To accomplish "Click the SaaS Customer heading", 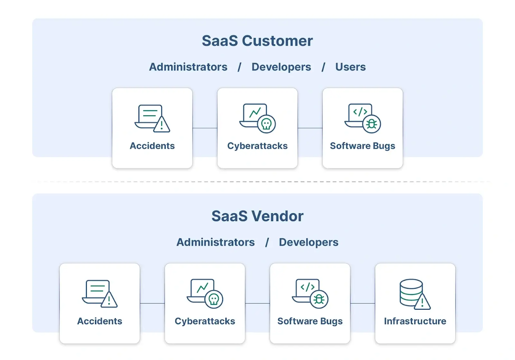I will pyautogui.click(x=257, y=41).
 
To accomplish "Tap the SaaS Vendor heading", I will pyautogui.click(x=257, y=216).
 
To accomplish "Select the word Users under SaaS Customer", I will pyautogui.click(x=350, y=67).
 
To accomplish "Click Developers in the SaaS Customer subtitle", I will pyautogui.click(x=281, y=67).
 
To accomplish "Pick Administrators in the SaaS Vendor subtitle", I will pyautogui.click(x=215, y=242).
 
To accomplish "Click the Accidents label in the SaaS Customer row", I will pyautogui.click(x=152, y=146).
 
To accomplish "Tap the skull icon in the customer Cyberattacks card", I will pyautogui.click(x=267, y=124).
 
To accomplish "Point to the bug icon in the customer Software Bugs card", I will pyautogui.click(x=372, y=124).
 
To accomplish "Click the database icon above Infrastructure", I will pyautogui.click(x=411, y=292).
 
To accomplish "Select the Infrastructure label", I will pyautogui.click(x=415, y=321).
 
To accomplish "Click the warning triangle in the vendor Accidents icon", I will pyautogui.click(x=109, y=300).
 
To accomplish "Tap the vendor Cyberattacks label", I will pyautogui.click(x=205, y=321).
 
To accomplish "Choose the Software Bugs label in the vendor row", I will pyautogui.click(x=310, y=321).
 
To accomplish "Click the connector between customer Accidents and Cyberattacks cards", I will pyautogui.click(x=205, y=128).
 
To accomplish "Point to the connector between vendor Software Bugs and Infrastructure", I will pyautogui.click(x=362, y=303).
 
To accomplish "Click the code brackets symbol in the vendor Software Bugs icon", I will pyautogui.click(x=307, y=287).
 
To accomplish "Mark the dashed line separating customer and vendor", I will pyautogui.click(x=257, y=182).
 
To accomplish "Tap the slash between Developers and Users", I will pyautogui.click(x=323, y=67).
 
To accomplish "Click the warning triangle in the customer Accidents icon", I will pyautogui.click(x=162, y=125).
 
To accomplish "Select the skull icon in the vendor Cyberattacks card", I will pyautogui.click(x=214, y=299).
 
